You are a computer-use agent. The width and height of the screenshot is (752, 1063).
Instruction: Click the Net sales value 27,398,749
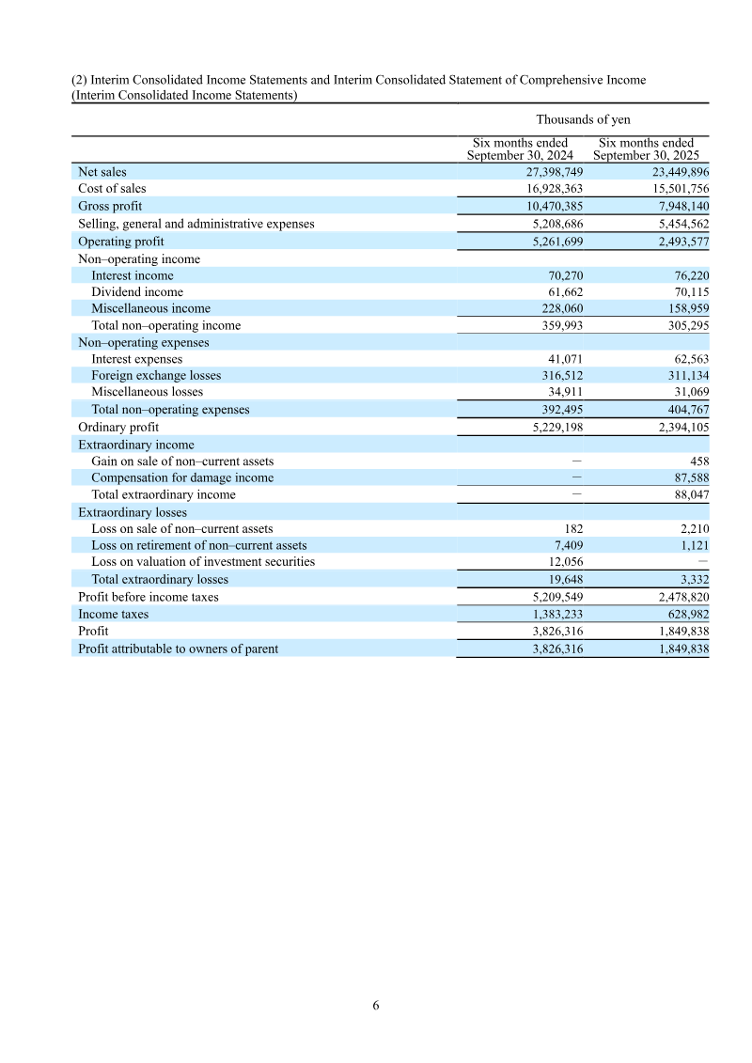click(x=554, y=172)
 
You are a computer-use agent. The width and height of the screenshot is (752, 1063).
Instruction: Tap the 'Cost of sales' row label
click(x=112, y=189)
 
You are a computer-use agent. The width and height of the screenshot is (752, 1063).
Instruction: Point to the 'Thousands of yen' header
click(x=583, y=119)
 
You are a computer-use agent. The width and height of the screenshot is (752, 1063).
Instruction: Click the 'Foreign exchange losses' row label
click(x=156, y=376)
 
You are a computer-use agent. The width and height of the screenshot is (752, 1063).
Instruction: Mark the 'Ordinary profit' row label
click(x=118, y=428)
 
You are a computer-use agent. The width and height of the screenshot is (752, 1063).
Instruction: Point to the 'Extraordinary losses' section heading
click(x=133, y=513)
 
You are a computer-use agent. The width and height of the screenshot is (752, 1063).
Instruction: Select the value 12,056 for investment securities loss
click(x=564, y=562)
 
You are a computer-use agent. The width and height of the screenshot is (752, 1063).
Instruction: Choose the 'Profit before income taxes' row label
click(x=149, y=597)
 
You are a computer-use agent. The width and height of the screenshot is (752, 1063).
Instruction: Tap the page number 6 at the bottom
click(x=376, y=1006)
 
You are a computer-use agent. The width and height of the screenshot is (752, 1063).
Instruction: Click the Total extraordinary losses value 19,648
click(x=564, y=580)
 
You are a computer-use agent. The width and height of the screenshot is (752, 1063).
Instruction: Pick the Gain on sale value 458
click(x=698, y=461)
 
